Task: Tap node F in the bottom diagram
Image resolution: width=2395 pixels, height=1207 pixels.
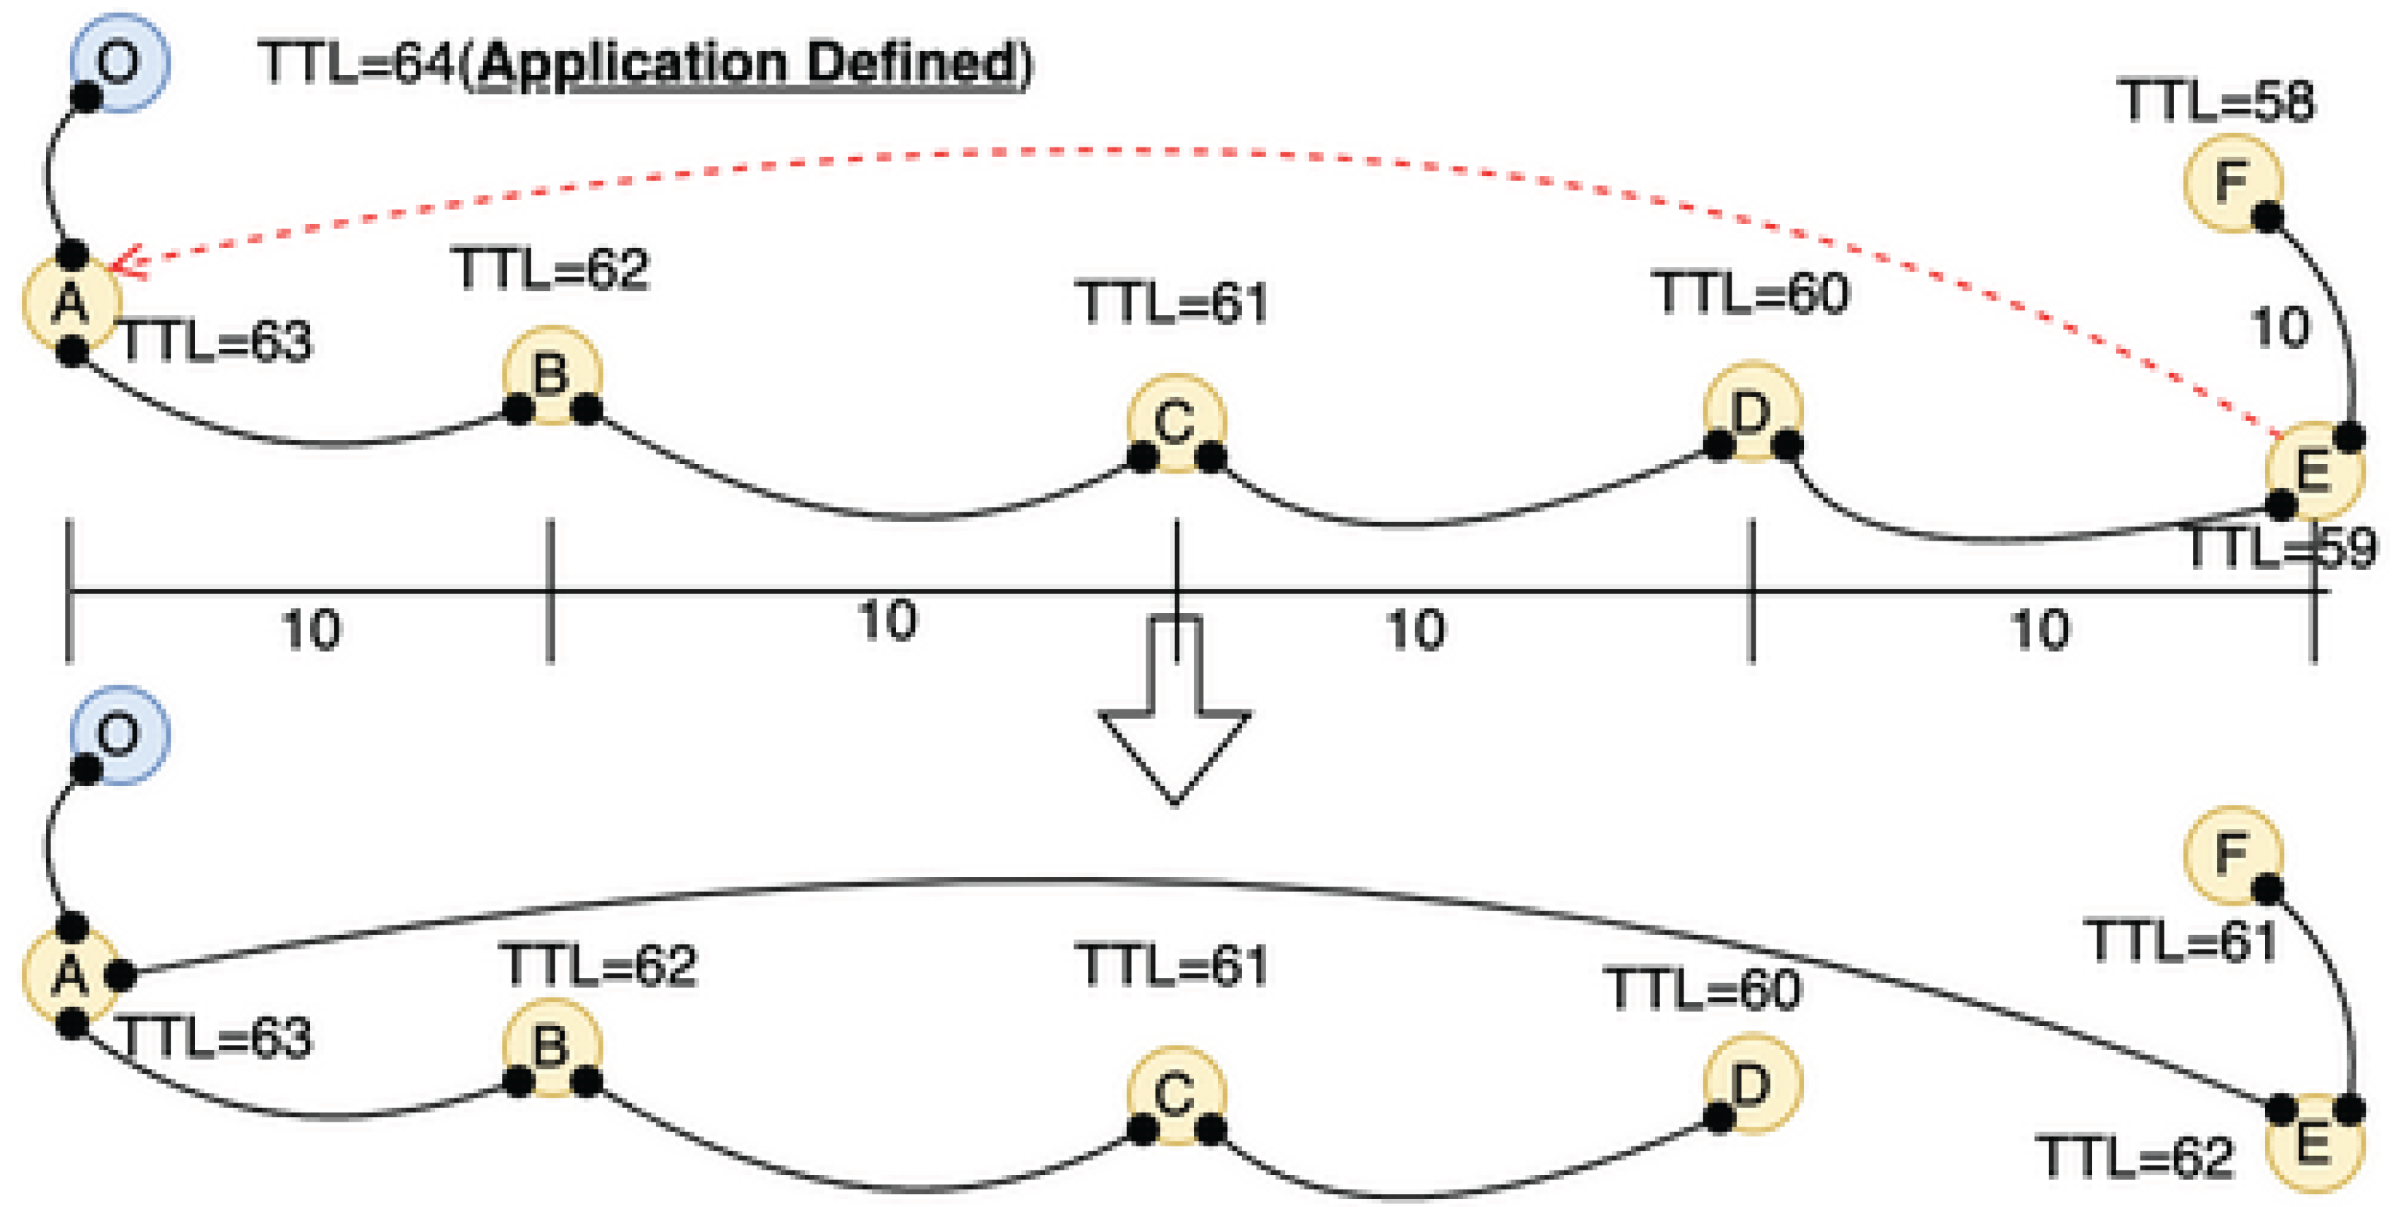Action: click(x=2232, y=855)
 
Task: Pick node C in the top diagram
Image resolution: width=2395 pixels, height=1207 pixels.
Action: click(x=1176, y=423)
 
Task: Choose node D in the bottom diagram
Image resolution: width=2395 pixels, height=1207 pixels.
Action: click(x=1753, y=1084)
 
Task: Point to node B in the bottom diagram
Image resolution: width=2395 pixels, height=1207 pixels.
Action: click(x=552, y=1048)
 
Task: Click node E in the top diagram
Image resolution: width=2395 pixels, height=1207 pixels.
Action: click(x=2314, y=471)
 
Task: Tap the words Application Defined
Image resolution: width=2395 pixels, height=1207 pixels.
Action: click(x=747, y=64)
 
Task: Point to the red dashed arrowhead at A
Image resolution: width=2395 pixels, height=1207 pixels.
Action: click(x=126, y=261)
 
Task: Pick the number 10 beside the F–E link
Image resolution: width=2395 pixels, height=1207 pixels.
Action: click(x=2279, y=328)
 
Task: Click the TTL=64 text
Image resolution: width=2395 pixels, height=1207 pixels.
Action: click(x=358, y=64)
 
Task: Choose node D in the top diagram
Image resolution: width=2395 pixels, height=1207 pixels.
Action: click(x=1753, y=411)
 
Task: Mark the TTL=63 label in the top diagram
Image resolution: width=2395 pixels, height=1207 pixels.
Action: click(x=217, y=342)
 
